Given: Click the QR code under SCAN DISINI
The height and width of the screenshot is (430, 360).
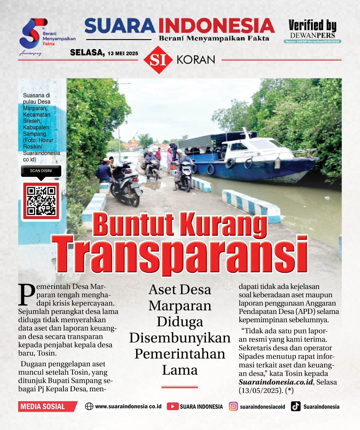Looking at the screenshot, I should click(41, 201).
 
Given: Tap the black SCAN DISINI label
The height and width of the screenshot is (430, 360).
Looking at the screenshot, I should click(41, 171).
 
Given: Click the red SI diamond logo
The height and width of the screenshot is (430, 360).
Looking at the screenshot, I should click(158, 60).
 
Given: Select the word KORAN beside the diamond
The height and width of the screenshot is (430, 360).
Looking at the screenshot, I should click(196, 60).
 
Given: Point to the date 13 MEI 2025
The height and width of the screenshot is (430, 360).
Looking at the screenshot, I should click(123, 53).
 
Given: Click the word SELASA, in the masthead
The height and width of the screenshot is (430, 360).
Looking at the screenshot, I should click(87, 52).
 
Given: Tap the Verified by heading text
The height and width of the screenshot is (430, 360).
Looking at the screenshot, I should click(312, 26).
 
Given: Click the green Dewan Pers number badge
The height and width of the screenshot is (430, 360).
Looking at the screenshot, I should click(312, 42).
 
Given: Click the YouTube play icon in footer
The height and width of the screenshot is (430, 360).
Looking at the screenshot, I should click(172, 406).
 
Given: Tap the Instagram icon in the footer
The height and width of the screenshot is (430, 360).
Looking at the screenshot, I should click(233, 406).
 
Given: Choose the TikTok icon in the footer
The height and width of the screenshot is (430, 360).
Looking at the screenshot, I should click(295, 406).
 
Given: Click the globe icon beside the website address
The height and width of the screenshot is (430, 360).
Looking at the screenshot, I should click(89, 406).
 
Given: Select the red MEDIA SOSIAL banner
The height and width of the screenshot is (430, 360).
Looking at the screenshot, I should click(46, 406).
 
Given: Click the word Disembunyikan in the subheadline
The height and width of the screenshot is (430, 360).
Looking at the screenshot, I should click(180, 338).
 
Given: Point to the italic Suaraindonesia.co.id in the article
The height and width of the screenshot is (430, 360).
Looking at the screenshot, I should click(276, 382).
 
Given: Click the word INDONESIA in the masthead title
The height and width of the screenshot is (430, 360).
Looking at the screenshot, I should click(216, 26).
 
